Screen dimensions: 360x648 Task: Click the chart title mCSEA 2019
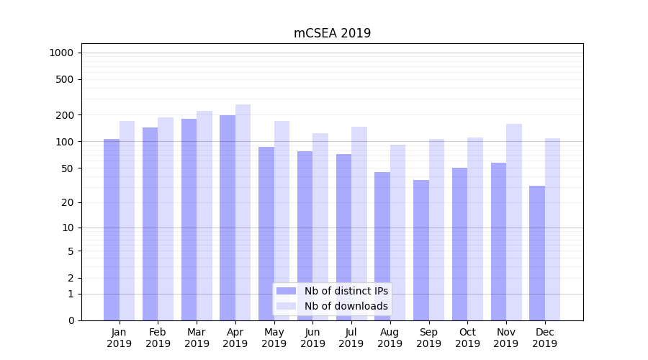click(x=332, y=33)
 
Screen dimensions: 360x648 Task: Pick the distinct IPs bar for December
click(x=537, y=253)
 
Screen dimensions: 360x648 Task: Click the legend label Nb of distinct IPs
click(x=346, y=291)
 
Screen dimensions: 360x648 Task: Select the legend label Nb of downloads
click(x=346, y=306)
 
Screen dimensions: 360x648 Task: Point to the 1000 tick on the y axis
click(x=61, y=53)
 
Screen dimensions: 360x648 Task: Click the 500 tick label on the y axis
click(x=66, y=79)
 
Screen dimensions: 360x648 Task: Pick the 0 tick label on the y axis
click(x=71, y=320)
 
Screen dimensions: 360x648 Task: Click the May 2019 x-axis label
click(x=274, y=338)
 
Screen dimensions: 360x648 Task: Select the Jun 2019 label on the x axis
click(x=312, y=338)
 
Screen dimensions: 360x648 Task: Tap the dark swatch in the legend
click(x=287, y=291)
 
